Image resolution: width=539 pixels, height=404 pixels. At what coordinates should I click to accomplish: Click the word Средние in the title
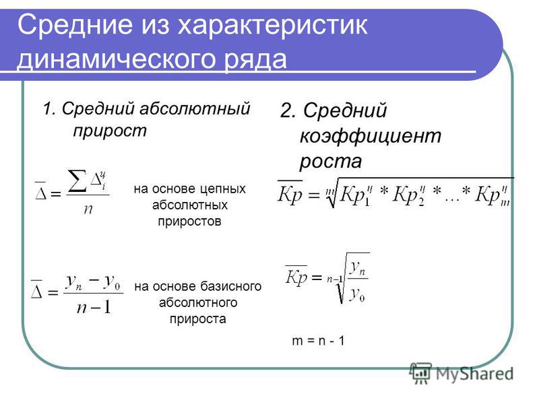(x=75, y=24)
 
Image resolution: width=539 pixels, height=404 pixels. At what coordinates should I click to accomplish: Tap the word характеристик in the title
(x=272, y=26)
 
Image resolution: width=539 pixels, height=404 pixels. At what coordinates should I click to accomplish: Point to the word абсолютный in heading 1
(x=195, y=109)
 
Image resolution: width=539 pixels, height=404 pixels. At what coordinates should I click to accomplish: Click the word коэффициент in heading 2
(x=370, y=135)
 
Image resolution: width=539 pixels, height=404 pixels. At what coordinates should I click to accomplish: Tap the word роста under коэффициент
(x=331, y=161)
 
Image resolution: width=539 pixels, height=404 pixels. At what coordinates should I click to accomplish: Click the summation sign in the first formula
(x=77, y=180)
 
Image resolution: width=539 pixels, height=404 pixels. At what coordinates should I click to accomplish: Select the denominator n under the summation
(x=88, y=209)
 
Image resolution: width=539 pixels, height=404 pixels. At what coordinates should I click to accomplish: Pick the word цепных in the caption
(x=223, y=189)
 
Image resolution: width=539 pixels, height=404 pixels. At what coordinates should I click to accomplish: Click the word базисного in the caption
(x=231, y=286)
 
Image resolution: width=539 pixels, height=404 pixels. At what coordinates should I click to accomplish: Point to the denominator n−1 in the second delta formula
(x=94, y=306)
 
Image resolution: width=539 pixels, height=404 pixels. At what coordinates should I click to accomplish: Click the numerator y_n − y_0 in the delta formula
(x=93, y=282)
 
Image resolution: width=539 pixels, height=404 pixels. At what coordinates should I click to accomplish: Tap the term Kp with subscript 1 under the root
(x=356, y=195)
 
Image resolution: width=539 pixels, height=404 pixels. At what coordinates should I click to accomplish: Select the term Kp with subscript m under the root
(x=493, y=195)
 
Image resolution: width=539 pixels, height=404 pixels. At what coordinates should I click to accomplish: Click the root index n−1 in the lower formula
(x=335, y=279)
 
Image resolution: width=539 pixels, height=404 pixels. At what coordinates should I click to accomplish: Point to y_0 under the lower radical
(x=357, y=295)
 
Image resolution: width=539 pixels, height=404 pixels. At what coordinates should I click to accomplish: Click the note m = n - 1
(x=318, y=341)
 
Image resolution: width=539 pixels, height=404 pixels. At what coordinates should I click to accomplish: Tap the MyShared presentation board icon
(x=420, y=372)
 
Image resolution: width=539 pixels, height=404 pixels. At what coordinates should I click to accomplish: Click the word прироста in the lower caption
(x=197, y=318)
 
